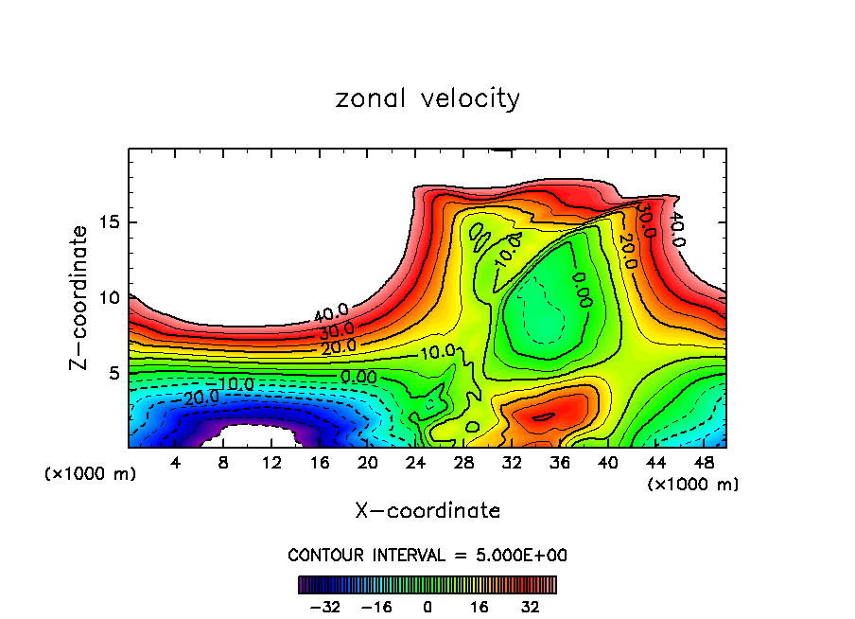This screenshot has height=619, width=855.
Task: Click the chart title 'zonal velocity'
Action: [427, 98]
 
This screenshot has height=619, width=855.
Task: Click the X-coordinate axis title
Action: [427, 511]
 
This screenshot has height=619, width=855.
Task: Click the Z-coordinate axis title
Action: [80, 297]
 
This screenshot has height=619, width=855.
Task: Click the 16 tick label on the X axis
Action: [320, 463]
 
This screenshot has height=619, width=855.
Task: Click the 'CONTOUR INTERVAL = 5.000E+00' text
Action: [427, 555]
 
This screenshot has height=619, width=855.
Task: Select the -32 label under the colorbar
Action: [324, 607]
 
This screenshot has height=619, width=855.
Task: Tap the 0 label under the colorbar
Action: [427, 607]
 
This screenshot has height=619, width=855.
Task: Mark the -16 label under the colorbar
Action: [375, 607]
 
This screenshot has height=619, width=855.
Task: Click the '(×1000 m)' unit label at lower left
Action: [91, 474]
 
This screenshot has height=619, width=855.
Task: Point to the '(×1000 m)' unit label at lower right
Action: [693, 485]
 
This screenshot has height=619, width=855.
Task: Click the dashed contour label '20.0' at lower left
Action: [201, 398]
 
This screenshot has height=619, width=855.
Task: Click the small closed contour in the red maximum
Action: [543, 416]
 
